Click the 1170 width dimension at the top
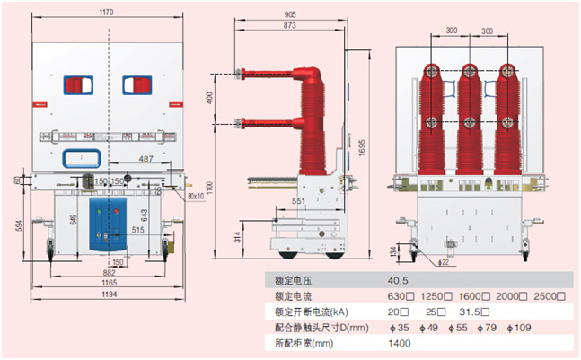(x=106, y=13)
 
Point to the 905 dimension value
(x=289, y=14)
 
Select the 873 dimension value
(x=289, y=27)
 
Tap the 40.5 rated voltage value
(x=398, y=280)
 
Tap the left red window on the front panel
(x=76, y=85)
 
